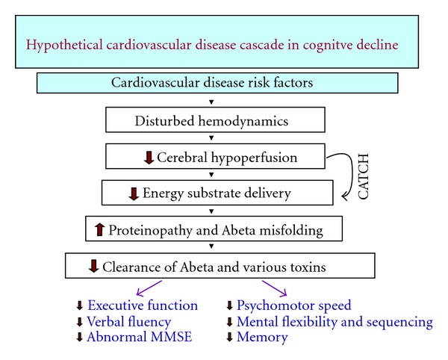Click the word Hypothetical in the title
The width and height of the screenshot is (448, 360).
click(x=64, y=46)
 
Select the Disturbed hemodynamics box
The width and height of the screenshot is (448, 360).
click(x=215, y=120)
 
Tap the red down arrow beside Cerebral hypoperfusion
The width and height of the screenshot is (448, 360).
click(x=149, y=158)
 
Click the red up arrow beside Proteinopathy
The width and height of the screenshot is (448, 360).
click(x=99, y=230)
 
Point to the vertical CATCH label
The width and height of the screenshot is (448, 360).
click(x=364, y=176)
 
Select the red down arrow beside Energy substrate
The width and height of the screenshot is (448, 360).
click(x=134, y=193)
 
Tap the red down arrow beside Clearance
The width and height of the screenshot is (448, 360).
click(x=93, y=266)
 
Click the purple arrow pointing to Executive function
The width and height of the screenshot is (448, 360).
click(x=149, y=288)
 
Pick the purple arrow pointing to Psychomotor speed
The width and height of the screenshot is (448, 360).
click(x=275, y=288)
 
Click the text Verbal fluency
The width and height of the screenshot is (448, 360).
click(x=129, y=322)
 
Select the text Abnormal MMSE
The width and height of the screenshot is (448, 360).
click(x=140, y=337)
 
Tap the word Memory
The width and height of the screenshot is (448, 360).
click(x=262, y=338)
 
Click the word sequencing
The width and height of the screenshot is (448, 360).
click(x=399, y=323)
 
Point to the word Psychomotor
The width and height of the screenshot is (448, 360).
click(x=276, y=305)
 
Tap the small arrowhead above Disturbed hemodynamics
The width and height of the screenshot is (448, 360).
click(x=211, y=102)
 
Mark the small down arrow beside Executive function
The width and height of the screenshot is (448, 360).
click(x=79, y=305)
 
